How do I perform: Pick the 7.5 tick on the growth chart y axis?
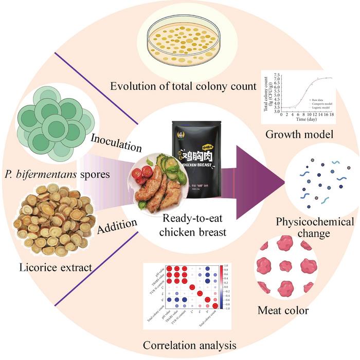tap(275, 75)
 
